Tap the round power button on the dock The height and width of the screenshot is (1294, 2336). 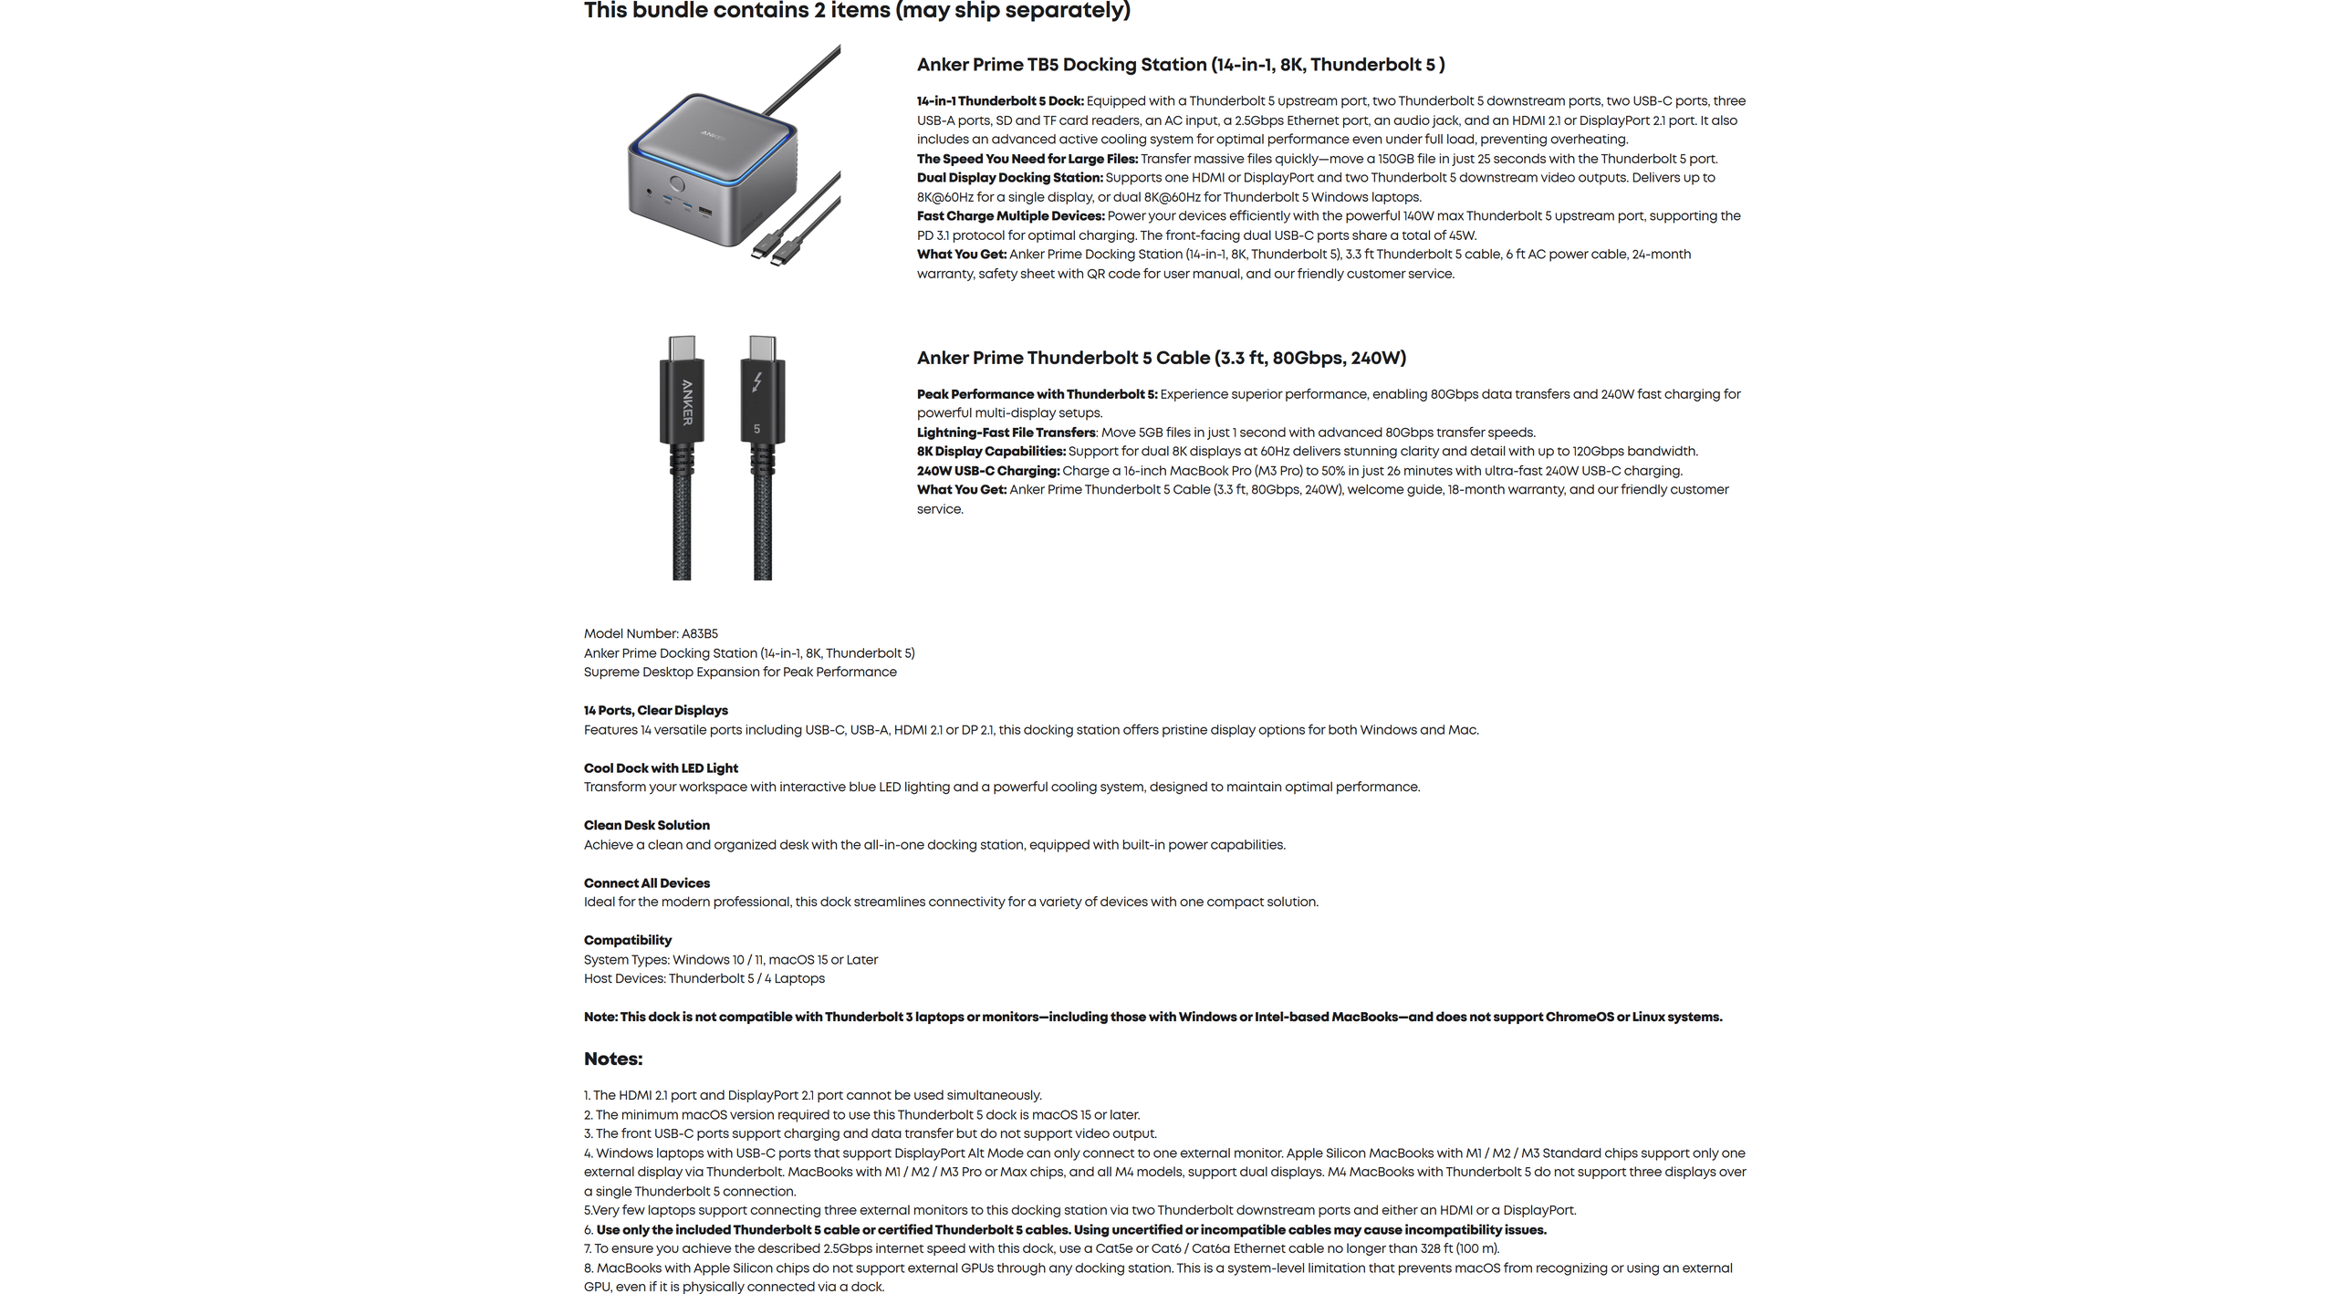(677, 183)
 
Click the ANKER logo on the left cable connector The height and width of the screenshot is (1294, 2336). (687, 402)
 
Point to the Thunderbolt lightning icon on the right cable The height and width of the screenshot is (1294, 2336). (757, 381)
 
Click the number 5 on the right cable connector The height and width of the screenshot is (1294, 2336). (756, 429)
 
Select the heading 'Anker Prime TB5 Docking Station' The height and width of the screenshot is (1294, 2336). (1180, 65)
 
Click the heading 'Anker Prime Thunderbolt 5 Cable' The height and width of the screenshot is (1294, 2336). (1161, 358)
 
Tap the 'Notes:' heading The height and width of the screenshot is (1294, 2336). (613, 1059)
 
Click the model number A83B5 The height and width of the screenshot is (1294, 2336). (699, 633)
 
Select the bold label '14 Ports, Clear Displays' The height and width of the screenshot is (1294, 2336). (655, 710)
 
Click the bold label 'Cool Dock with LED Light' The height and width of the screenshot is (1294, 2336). (661, 767)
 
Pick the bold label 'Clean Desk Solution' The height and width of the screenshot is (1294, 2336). (646, 825)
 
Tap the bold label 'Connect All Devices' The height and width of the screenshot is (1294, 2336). (646, 882)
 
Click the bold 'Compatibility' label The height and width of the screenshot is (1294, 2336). (627, 940)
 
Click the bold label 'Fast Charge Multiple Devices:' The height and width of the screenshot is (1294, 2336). (1010, 216)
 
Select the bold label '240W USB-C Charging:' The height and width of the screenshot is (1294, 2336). (988, 471)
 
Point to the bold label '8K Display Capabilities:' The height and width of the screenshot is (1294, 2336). (991, 452)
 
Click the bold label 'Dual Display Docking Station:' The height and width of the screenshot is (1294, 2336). (1009, 178)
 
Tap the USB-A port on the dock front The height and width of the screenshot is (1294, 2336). (705, 212)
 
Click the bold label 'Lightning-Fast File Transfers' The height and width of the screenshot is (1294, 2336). (1006, 433)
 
